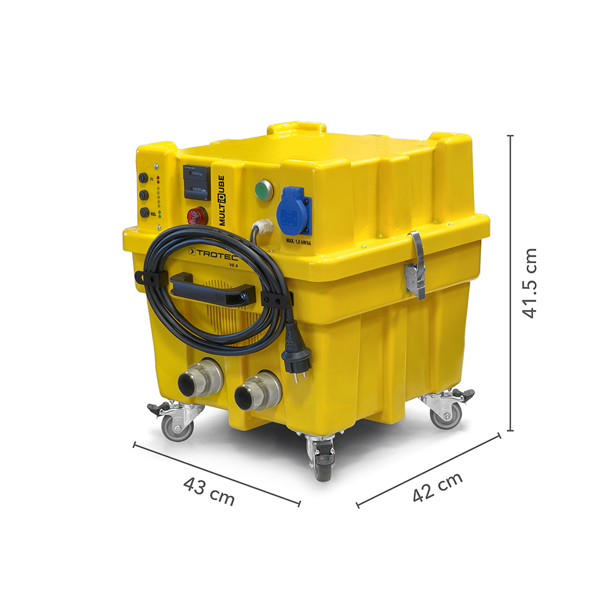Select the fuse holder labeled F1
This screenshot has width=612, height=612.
pyautogui.click(x=143, y=178)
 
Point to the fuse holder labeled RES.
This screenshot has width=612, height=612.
pyautogui.click(x=144, y=212)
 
